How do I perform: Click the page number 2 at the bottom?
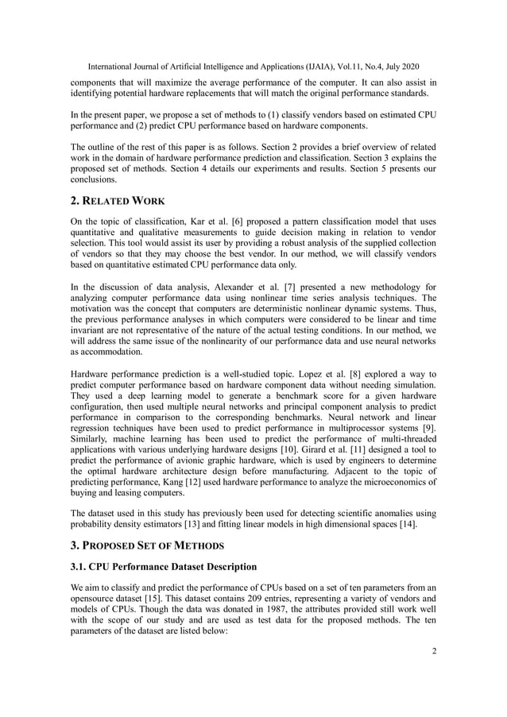pyautogui.click(x=435, y=651)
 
